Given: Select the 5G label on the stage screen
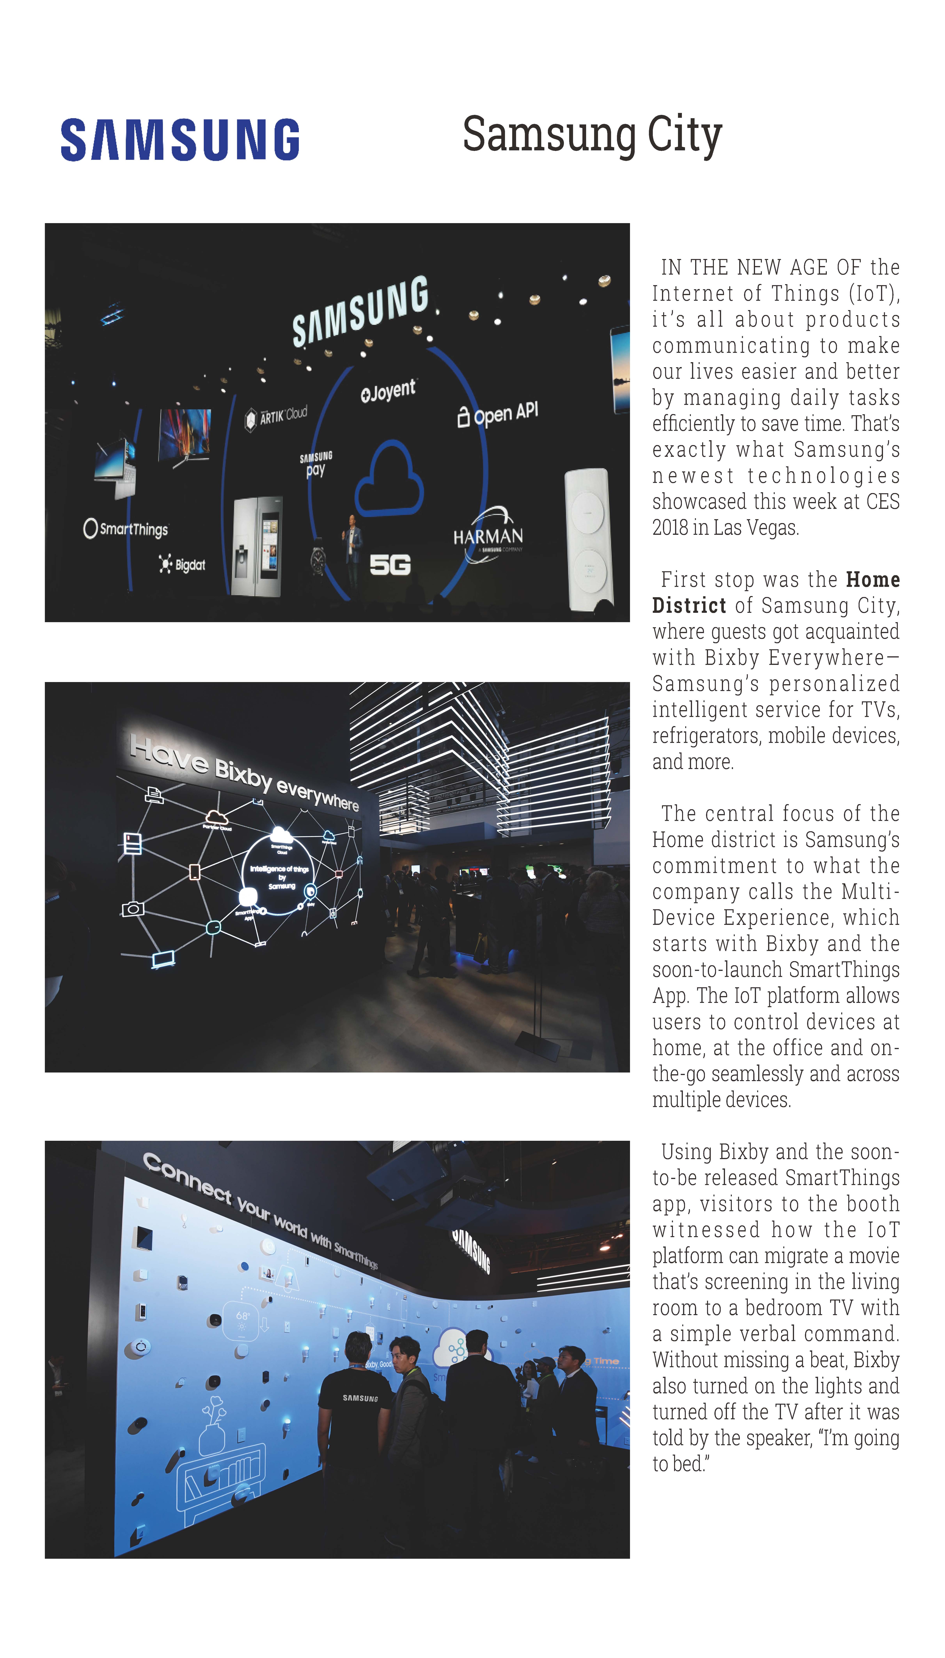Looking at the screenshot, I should coord(390,565).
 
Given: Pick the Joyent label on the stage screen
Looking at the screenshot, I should coord(388,391).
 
